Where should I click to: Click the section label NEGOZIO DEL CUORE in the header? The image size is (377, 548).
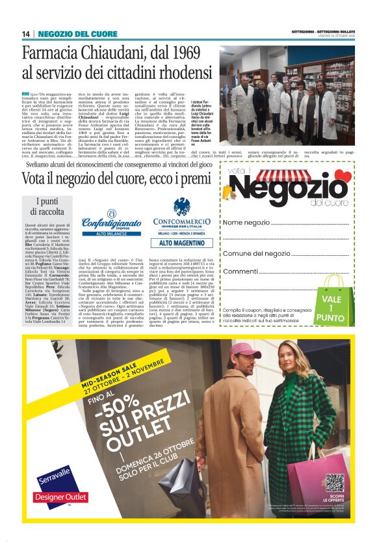68,34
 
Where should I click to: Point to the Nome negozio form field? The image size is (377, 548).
289,223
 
